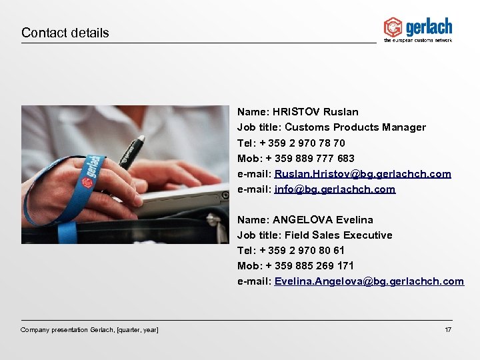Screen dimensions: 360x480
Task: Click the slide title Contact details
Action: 65,33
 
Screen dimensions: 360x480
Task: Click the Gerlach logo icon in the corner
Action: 393,27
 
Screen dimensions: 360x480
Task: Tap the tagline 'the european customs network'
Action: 417,41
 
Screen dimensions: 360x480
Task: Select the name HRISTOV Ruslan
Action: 315,112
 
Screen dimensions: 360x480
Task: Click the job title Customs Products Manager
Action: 355,127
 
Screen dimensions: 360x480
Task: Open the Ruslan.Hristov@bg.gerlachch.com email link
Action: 363,173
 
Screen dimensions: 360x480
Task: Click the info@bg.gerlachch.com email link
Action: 335,189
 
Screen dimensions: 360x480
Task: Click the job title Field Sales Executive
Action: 339,235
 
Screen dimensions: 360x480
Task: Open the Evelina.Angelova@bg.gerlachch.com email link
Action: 369,281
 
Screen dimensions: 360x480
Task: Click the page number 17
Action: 448,330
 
